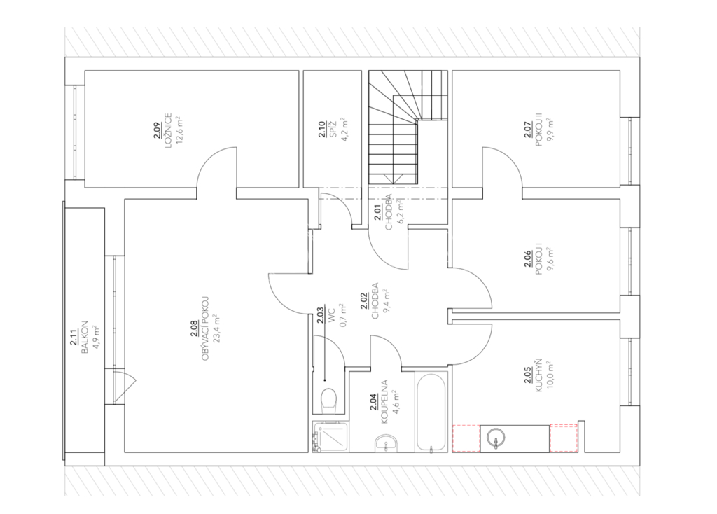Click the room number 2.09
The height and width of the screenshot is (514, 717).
click(x=156, y=130)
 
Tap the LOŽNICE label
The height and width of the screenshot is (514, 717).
click(x=168, y=130)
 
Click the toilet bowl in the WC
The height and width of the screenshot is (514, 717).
click(x=329, y=398)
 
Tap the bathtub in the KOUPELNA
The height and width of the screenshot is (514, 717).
click(x=431, y=412)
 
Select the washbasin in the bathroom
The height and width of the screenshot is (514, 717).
click(x=387, y=443)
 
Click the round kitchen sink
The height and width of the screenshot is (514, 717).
click(x=496, y=438)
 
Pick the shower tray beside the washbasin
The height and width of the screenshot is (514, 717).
click(x=330, y=437)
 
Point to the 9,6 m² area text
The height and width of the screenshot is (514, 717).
click(x=550, y=261)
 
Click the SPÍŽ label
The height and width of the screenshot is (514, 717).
click(x=334, y=130)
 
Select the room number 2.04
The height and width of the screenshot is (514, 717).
click(x=373, y=402)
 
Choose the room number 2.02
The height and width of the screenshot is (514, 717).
click(x=364, y=300)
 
